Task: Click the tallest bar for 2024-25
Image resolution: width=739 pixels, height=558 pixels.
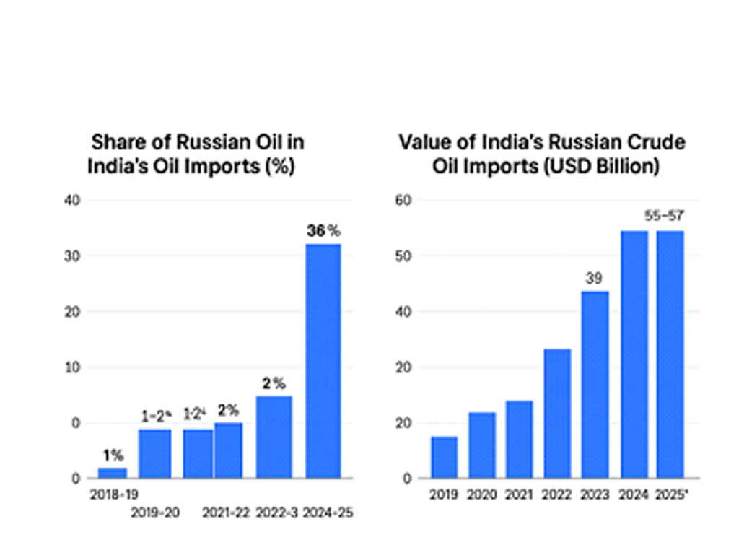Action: [x=323, y=361]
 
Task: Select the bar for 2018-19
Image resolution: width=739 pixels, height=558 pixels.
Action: [x=113, y=473]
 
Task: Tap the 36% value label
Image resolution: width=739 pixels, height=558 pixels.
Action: [x=323, y=232]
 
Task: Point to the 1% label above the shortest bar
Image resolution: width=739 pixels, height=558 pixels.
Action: [x=113, y=455]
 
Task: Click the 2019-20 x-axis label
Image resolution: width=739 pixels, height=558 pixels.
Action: [x=155, y=513]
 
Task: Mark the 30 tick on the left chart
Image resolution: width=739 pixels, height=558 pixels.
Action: [x=72, y=256]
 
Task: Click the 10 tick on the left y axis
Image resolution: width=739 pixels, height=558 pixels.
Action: [x=72, y=367]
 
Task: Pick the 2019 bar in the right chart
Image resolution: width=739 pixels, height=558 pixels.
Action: [x=444, y=457]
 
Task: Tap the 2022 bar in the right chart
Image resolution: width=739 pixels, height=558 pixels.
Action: [x=557, y=413]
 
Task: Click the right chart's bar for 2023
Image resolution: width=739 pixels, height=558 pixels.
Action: [x=595, y=384]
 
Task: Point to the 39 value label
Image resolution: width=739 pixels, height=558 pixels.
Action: [x=594, y=279]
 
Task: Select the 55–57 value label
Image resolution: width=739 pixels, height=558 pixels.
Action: [x=664, y=215]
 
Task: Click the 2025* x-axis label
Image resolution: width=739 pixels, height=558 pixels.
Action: [x=670, y=495]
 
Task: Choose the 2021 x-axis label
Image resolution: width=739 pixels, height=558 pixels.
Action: [x=519, y=495]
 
